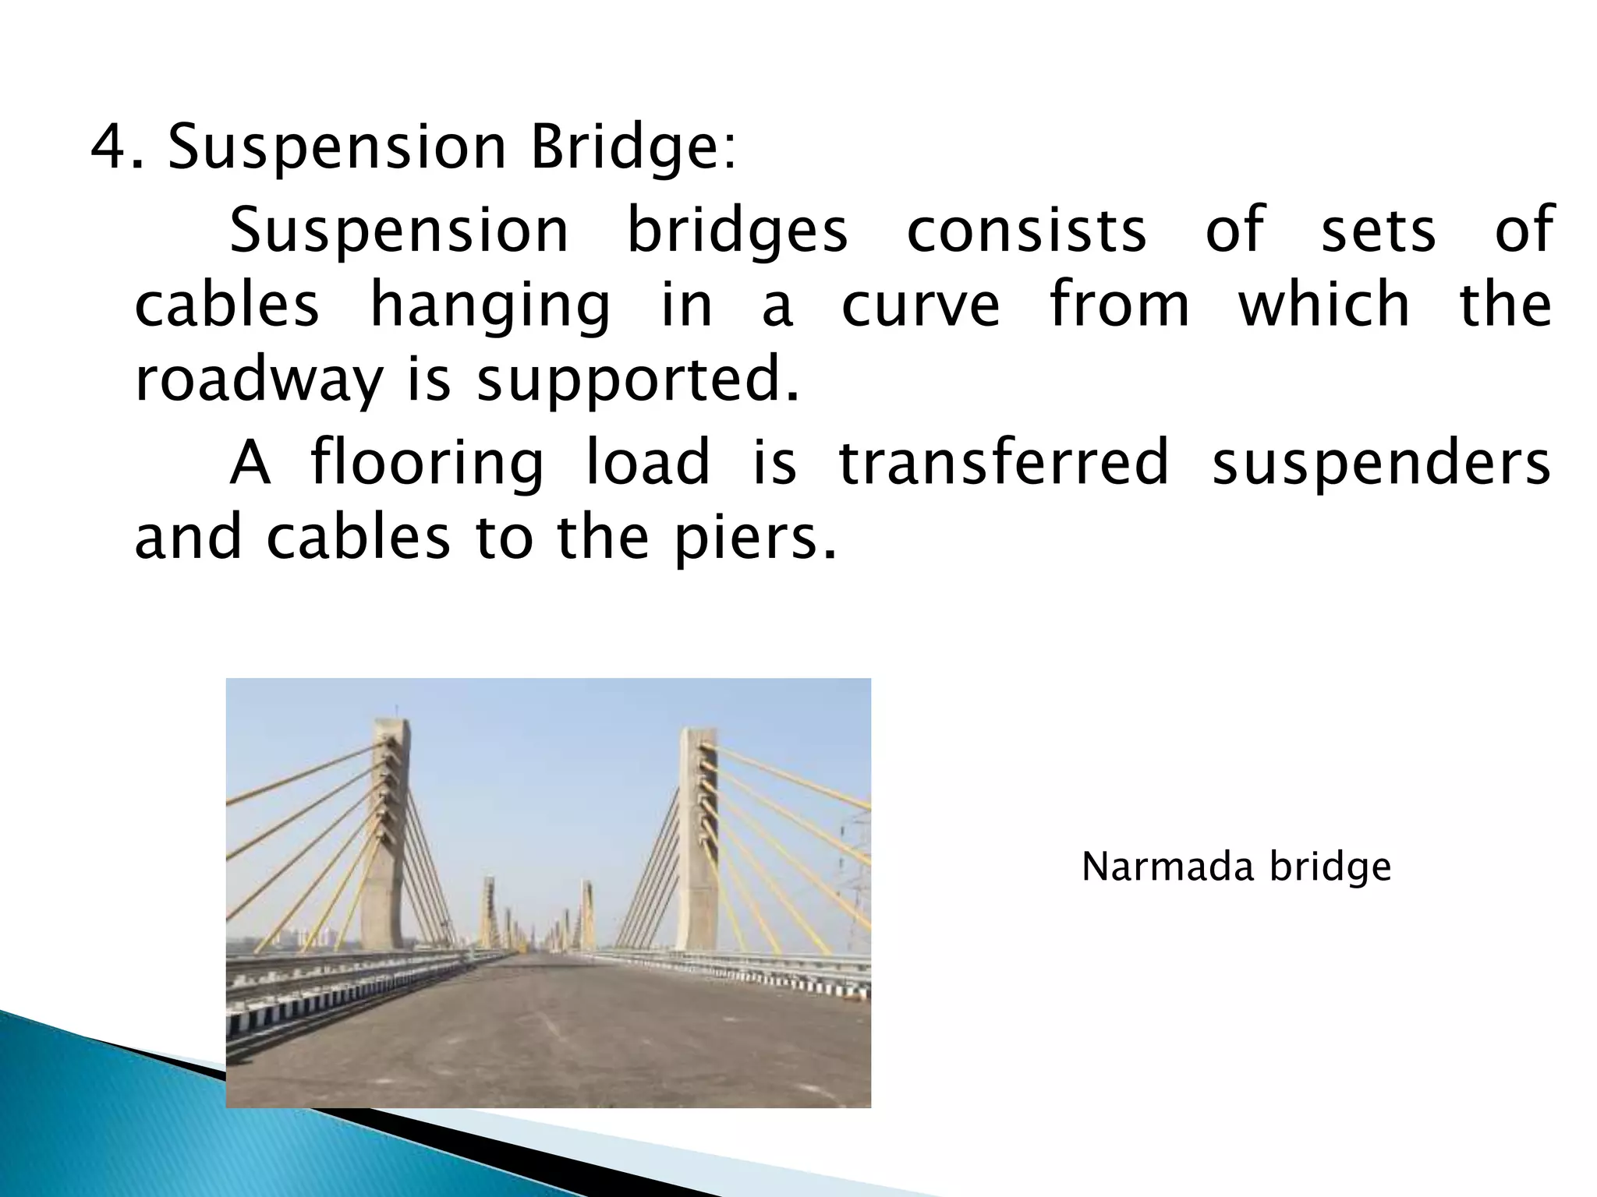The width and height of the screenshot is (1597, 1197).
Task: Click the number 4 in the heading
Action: pyautogui.click(x=108, y=147)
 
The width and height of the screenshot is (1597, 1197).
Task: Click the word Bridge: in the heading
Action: pyautogui.click(x=632, y=149)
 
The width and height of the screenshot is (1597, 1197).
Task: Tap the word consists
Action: pyautogui.click(x=1026, y=231)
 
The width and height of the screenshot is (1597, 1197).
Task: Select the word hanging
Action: pyautogui.click(x=490, y=305)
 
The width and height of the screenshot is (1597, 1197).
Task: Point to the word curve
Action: pyautogui.click(x=921, y=305)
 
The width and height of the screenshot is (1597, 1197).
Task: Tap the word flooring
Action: pyautogui.click(x=427, y=463)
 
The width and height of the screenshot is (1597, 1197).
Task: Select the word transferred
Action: pyautogui.click(x=1004, y=463)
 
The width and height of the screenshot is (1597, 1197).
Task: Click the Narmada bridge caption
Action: pyautogui.click(x=1236, y=867)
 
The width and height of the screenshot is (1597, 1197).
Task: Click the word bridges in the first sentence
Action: pyautogui.click(x=738, y=231)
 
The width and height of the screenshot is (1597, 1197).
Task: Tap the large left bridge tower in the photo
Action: pyautogui.click(x=391, y=834)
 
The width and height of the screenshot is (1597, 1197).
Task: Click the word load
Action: pyautogui.click(x=648, y=463)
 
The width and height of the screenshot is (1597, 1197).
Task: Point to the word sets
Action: pyautogui.click(x=1378, y=231)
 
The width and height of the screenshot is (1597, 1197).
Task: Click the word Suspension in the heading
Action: pyautogui.click(x=338, y=147)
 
